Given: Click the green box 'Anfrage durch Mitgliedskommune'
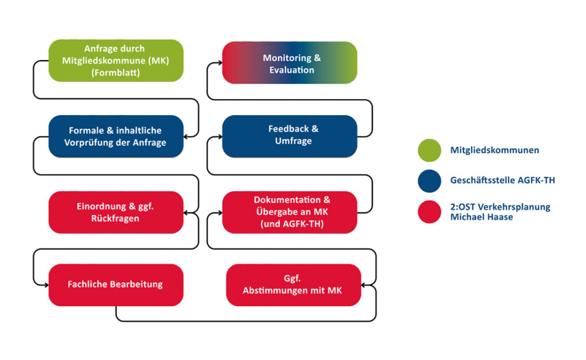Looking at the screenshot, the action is click(x=116, y=61).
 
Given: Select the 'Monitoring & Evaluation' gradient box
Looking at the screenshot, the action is click(x=290, y=62).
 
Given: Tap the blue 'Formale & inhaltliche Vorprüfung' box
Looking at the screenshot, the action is click(x=116, y=136).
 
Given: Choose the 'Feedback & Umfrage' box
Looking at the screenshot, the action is click(x=290, y=136).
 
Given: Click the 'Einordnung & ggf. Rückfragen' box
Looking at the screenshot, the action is click(x=116, y=212).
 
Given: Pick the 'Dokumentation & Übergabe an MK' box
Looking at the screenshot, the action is click(x=290, y=212).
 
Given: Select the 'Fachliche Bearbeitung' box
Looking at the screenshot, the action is click(x=116, y=285).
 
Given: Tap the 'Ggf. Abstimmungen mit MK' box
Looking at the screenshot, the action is click(x=294, y=285).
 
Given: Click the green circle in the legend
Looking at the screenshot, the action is click(x=429, y=151).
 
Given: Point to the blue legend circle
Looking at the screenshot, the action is click(x=429, y=181).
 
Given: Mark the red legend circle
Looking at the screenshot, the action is click(x=429, y=212).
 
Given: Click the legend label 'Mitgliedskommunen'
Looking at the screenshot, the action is click(x=494, y=151).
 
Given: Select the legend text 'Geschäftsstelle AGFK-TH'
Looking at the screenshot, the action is click(x=502, y=180).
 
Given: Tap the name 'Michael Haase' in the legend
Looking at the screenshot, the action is click(x=481, y=217).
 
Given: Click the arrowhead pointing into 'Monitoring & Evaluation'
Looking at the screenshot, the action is click(x=220, y=63).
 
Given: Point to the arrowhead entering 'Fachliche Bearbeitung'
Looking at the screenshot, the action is click(x=46, y=285).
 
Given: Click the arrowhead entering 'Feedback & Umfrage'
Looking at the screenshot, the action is click(x=220, y=137).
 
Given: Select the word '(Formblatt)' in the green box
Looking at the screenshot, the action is click(x=116, y=73).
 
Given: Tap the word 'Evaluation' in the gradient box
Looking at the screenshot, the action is click(x=291, y=70).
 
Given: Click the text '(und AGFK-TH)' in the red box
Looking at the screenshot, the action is click(x=292, y=224).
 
